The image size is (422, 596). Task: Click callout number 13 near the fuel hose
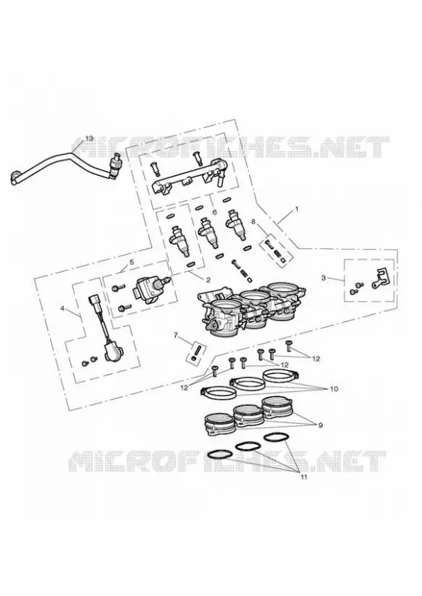coord(89,139)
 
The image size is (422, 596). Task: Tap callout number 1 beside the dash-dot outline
coord(297,209)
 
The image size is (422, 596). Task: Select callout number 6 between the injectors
coord(214,212)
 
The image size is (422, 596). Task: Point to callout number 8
coord(253,221)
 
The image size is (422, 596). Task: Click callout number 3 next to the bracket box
coord(324,278)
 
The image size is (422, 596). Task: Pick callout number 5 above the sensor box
coord(132,262)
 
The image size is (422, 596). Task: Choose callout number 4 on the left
coord(63,308)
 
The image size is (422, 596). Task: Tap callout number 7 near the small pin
coord(175,335)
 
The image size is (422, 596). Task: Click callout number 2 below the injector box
coord(208,280)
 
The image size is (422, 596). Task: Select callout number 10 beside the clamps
coord(333,389)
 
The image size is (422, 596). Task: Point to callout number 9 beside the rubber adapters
coord(320,425)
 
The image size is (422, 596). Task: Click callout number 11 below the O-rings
coord(303,478)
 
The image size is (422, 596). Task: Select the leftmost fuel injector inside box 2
coord(180,241)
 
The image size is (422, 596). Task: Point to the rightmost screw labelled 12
coord(288,346)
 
